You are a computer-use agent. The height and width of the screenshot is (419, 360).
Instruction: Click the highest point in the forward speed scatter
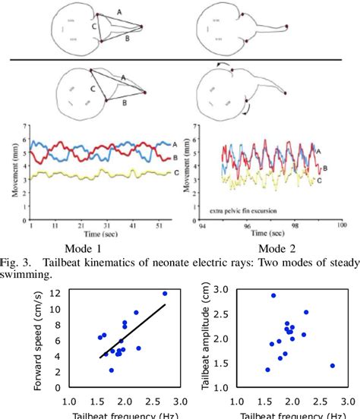pyautogui.click(x=165, y=293)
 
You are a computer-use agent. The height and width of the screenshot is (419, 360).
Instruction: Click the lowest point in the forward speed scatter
pyautogui.click(x=112, y=370)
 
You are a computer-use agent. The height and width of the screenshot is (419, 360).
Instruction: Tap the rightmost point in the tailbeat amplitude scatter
pyautogui.click(x=333, y=366)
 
